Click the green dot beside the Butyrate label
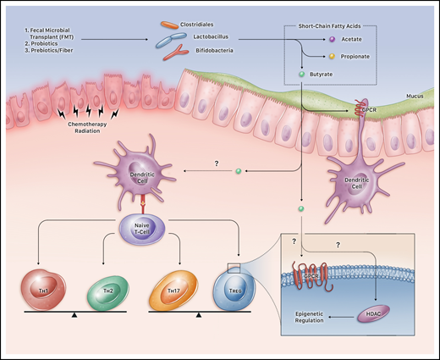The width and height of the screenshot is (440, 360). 302,75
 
